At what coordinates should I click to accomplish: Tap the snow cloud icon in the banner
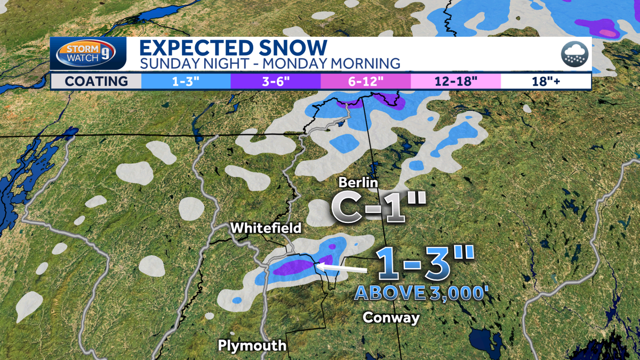pyautogui.click(x=574, y=54)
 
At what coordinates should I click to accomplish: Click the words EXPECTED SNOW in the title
pyautogui.click(x=233, y=47)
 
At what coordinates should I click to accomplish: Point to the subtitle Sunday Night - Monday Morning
pyautogui.click(x=269, y=63)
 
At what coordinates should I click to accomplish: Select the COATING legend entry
pyautogui.click(x=97, y=81)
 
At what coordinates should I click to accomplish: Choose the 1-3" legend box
pyautogui.click(x=186, y=81)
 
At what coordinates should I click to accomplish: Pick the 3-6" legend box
pyautogui.click(x=275, y=81)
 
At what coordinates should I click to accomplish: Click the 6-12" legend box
pyautogui.click(x=365, y=81)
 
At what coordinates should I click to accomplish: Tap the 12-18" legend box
pyautogui.click(x=455, y=81)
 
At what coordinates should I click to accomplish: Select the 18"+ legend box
pyautogui.click(x=545, y=81)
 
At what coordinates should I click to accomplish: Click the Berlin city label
pyautogui.click(x=358, y=183)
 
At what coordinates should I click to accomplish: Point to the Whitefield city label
pyautogui.click(x=266, y=228)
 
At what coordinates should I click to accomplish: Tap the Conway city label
pyautogui.click(x=391, y=317)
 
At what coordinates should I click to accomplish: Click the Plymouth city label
pyautogui.click(x=252, y=346)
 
